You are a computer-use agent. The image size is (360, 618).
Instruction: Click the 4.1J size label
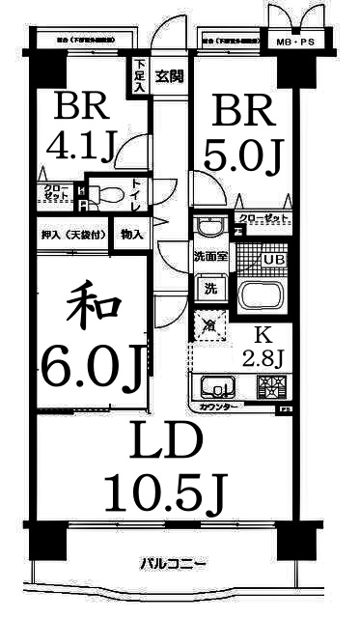coord(81,147)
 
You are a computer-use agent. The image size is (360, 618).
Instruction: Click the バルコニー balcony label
coord(173,563)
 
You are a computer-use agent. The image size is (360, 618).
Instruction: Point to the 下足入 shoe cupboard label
coord(141,76)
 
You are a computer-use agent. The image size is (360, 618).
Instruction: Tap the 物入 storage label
coord(131,235)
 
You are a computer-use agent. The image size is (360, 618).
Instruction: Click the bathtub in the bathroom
coord(261,295)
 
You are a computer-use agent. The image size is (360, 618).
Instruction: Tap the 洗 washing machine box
coord(208,287)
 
